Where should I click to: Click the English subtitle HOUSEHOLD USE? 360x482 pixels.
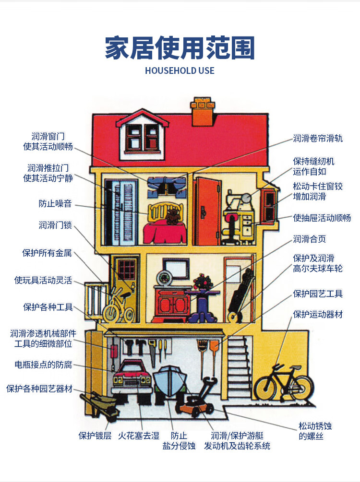click(x=180, y=71)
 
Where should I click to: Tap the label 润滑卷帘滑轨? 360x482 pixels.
click(x=318, y=139)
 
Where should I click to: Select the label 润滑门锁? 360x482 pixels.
click(x=55, y=224)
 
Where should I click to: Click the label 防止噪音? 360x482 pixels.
click(x=55, y=203)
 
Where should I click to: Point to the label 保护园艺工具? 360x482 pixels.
click(x=318, y=294)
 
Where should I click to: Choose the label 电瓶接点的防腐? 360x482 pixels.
click(x=43, y=364)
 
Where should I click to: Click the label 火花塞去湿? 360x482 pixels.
click(x=139, y=435)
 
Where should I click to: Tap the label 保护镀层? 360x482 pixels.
click(x=95, y=435)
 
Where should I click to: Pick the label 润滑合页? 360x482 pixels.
click(x=310, y=239)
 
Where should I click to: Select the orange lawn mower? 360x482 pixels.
click(x=196, y=401)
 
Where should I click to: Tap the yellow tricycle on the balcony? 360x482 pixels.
click(x=118, y=307)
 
